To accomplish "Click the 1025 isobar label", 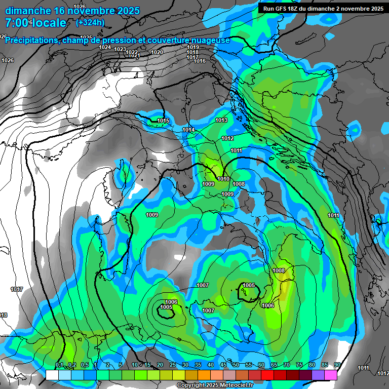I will click(x=86, y=37).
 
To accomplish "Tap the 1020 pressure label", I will click(x=157, y=52).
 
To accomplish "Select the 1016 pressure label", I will click(x=200, y=61).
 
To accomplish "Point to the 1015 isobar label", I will click(x=163, y=121).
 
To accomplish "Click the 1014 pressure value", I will click(x=188, y=130).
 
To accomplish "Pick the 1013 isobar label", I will click(x=221, y=120).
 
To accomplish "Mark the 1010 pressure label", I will click(x=223, y=179).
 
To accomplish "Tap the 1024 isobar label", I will click(x=105, y=47).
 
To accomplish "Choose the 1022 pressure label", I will click(x=132, y=52).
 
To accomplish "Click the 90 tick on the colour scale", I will click(x=337, y=365).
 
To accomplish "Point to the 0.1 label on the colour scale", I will click(x=59, y=365).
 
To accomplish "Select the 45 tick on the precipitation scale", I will click(x=223, y=365).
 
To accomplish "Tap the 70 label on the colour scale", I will click(x=286, y=365).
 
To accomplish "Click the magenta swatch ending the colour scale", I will click(x=331, y=375).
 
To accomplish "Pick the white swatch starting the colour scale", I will click(x=52, y=375).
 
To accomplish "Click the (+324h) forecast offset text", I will click(x=90, y=22).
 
